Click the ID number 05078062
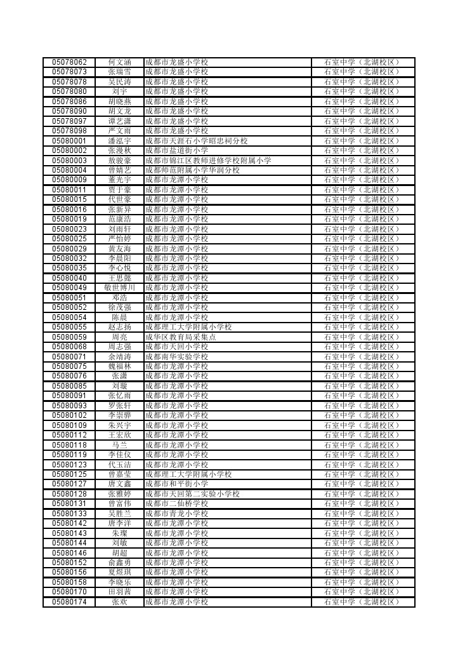(x=69, y=62)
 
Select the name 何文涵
(x=119, y=62)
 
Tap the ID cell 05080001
(x=69, y=141)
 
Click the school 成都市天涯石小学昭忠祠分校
(x=196, y=141)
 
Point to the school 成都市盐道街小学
(x=176, y=150)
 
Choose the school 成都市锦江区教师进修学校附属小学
(x=208, y=161)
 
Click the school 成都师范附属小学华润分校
(x=192, y=170)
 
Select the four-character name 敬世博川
(x=119, y=288)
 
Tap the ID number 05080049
(x=69, y=288)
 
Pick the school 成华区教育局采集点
(x=180, y=337)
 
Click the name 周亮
(x=119, y=337)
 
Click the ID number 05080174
(x=69, y=602)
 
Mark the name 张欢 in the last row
(x=119, y=602)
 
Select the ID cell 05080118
(x=69, y=445)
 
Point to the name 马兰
(x=119, y=445)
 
